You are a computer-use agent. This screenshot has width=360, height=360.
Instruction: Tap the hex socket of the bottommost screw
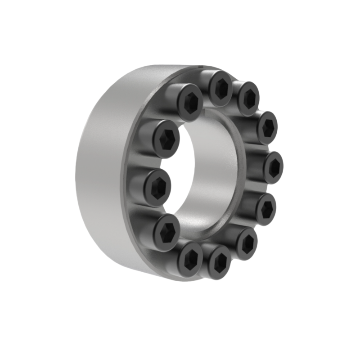pos(220,262)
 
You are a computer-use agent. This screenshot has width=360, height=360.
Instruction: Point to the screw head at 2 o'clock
pos(267,127)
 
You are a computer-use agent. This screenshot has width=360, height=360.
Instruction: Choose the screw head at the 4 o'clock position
pos(265,208)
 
